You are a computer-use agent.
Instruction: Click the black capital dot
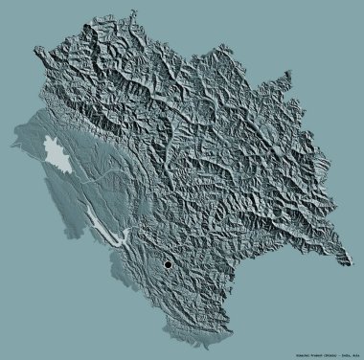tap(168, 264)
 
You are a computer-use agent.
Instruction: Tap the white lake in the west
tap(57, 152)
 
